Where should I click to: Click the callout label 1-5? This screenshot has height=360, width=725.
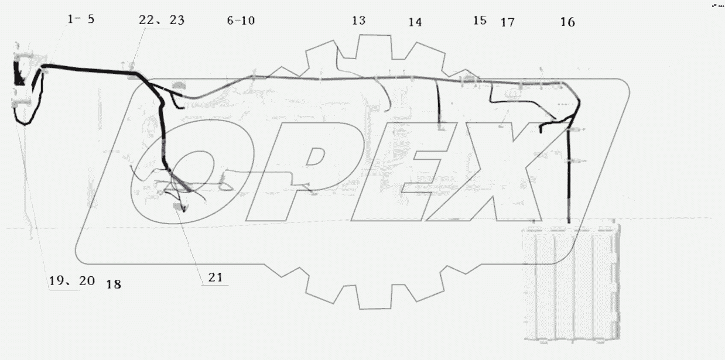click(81, 19)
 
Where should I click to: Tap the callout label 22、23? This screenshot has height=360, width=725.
click(162, 20)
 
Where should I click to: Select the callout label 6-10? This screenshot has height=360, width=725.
click(241, 20)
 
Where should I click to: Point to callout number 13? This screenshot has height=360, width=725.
click(358, 20)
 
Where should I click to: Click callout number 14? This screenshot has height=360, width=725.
click(415, 22)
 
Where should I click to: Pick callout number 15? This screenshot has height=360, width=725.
click(480, 20)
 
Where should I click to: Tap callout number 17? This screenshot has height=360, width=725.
click(508, 22)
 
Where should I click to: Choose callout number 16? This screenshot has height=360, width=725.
click(567, 22)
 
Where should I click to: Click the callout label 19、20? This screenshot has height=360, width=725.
click(72, 280)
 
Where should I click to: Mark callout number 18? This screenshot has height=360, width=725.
click(114, 284)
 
